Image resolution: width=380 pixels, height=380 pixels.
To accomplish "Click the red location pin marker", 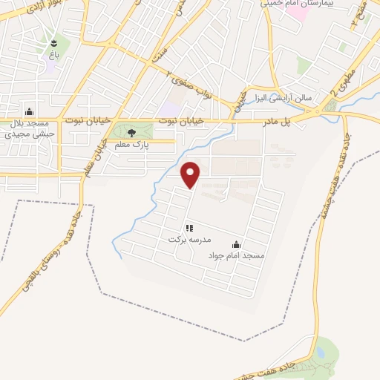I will (x=191, y=174).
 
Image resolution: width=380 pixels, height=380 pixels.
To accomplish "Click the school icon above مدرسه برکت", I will (x=189, y=228).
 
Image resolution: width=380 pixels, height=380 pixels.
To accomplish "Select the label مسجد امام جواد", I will (x=235, y=255).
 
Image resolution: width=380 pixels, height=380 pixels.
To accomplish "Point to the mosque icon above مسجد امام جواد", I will (x=237, y=244).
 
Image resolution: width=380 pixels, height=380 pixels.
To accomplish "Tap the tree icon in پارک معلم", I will (x=131, y=134).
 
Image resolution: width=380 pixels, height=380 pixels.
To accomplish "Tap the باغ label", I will (x=53, y=55).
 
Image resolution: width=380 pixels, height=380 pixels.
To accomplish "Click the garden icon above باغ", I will (x=54, y=42).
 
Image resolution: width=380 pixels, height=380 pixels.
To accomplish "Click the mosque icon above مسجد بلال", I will (x=29, y=112).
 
